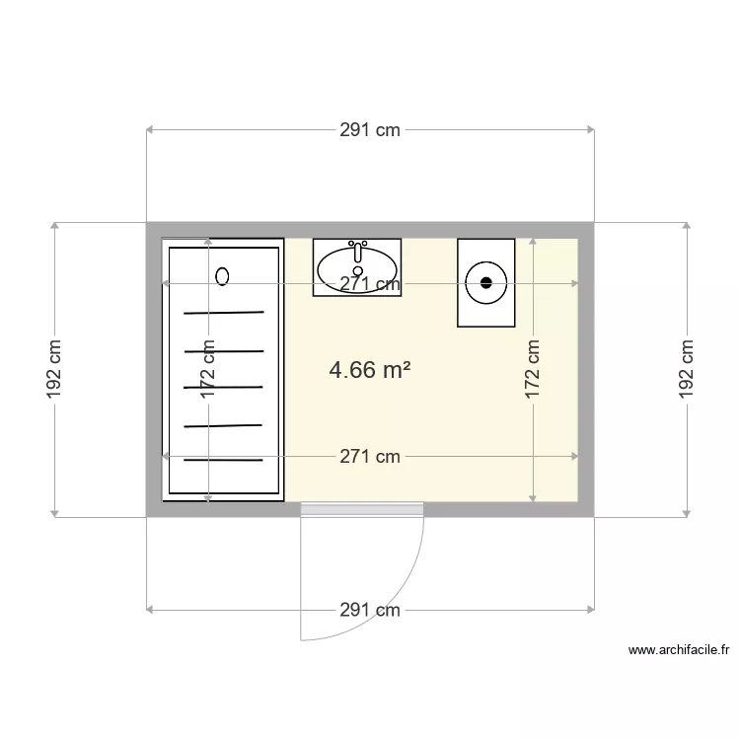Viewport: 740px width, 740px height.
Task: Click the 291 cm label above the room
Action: click(x=370, y=129)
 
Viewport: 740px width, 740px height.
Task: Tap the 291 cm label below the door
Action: click(x=370, y=611)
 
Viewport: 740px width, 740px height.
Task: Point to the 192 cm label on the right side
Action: click(x=687, y=369)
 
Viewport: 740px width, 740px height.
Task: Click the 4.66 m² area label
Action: click(x=369, y=370)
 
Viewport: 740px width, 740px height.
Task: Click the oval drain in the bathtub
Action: click(x=222, y=276)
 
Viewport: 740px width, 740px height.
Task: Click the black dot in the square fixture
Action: click(x=485, y=283)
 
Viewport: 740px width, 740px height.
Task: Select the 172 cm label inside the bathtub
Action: click(x=208, y=369)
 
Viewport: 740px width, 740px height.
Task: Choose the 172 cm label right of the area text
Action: click(x=533, y=369)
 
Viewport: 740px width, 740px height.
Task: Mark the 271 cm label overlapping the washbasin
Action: click(x=370, y=284)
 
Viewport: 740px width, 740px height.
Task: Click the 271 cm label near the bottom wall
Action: click(x=370, y=456)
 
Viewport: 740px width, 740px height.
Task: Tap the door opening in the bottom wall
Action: click(x=362, y=508)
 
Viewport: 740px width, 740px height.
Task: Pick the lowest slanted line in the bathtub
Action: click(x=223, y=460)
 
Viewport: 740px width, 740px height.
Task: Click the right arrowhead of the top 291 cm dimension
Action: click(x=590, y=129)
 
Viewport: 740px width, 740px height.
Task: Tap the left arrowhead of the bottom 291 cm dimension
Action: click(x=150, y=611)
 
